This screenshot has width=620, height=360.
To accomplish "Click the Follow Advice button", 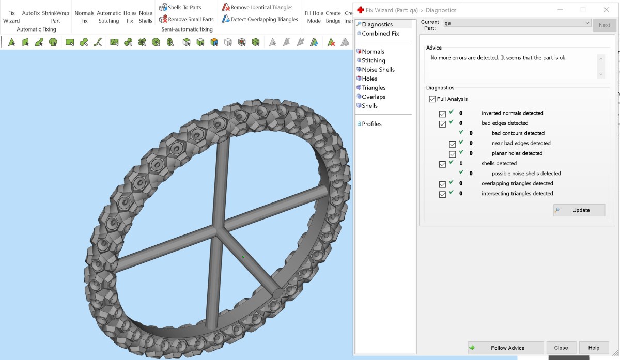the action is (506, 348).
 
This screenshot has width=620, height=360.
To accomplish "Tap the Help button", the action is (594, 348).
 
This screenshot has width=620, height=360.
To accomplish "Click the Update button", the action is (579, 210).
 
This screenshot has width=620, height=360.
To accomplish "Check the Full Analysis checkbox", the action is (432, 99).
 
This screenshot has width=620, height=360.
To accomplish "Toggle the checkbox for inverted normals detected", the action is (442, 114).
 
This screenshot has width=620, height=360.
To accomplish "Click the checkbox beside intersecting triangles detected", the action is (442, 194).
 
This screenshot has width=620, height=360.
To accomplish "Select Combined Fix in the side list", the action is (380, 34).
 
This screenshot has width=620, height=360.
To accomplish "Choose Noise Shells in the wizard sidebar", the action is (378, 69).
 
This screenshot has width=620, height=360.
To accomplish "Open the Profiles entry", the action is (371, 123).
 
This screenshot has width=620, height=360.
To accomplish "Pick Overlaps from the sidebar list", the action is (374, 97).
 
